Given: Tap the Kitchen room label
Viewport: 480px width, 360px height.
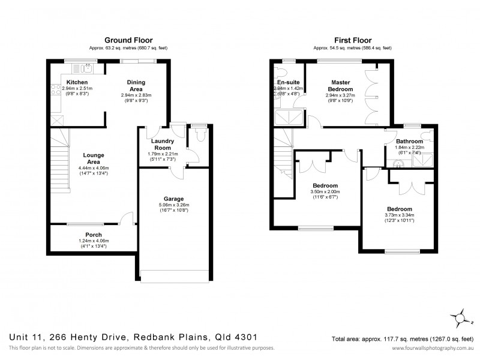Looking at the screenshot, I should point(77,82).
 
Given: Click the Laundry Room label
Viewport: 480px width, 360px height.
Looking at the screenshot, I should point(160,144).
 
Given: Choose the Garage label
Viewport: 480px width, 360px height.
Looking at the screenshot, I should point(174,199).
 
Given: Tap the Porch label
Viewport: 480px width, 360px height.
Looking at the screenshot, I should point(93,235).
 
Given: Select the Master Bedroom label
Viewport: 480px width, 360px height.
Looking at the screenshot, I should point(340,85).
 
